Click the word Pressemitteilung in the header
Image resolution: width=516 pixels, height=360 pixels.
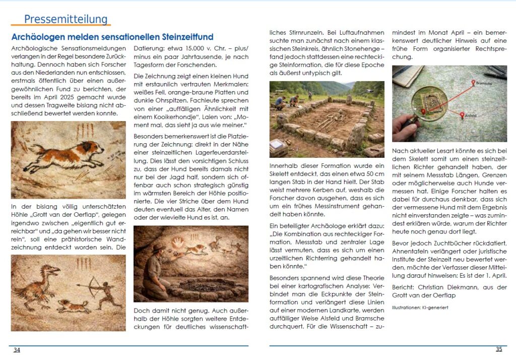[66, 19]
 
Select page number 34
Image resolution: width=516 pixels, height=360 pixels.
[17, 350]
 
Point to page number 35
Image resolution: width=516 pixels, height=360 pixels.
[499, 349]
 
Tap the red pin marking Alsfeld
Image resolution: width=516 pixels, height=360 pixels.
[463, 115]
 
